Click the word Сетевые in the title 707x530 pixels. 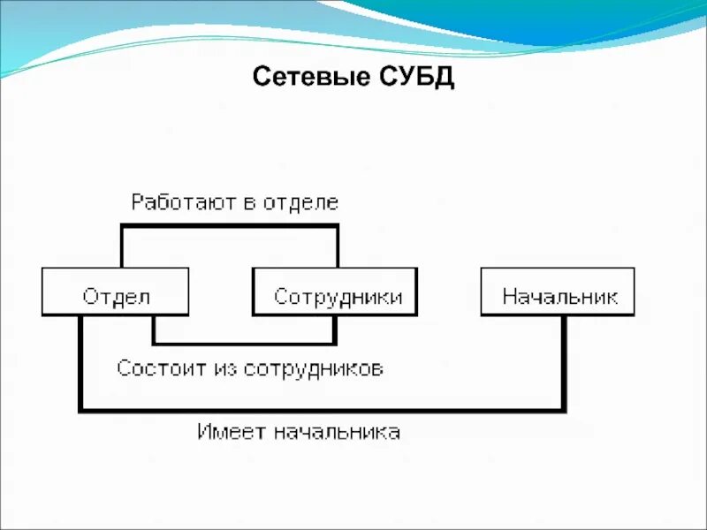pos(300,77)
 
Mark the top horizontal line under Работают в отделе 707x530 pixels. pos(230,226)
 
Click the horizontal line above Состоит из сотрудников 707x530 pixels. pos(244,343)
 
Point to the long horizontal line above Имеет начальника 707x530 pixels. pos(323,410)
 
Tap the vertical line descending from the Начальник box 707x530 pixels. pos(563,362)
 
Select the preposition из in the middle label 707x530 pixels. pos(224,367)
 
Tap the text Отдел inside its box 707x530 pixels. pos(116,296)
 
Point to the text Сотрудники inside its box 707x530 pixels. pos(338,296)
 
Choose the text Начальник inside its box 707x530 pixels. pos(559,296)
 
